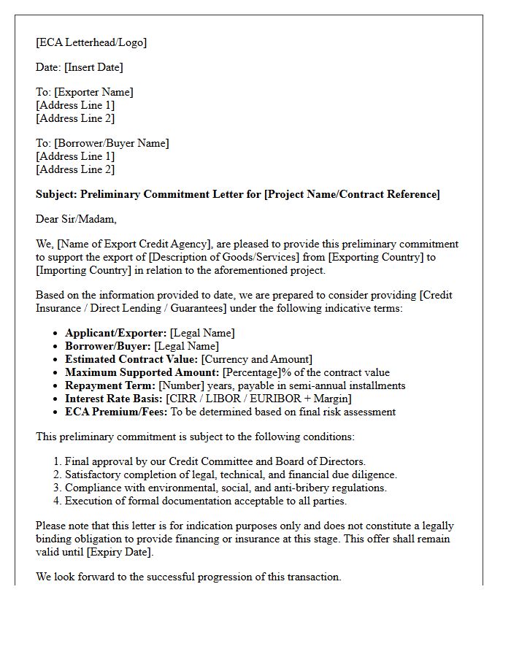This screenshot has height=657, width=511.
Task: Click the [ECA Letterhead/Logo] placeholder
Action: [x=91, y=42]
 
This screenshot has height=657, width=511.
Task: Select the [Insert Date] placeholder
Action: [x=93, y=67]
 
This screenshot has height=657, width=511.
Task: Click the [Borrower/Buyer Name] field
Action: [x=112, y=143]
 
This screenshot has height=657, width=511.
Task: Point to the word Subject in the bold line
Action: [x=56, y=194]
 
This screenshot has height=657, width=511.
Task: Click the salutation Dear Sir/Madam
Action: [x=76, y=219]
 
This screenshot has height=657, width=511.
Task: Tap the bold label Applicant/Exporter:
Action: [x=115, y=333]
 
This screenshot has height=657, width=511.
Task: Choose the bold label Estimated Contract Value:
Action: [x=131, y=359]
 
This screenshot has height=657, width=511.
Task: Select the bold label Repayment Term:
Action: [x=110, y=385]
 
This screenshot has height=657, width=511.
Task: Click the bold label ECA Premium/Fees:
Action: [x=117, y=412]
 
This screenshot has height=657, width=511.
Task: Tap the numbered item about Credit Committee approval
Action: [x=215, y=461]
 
